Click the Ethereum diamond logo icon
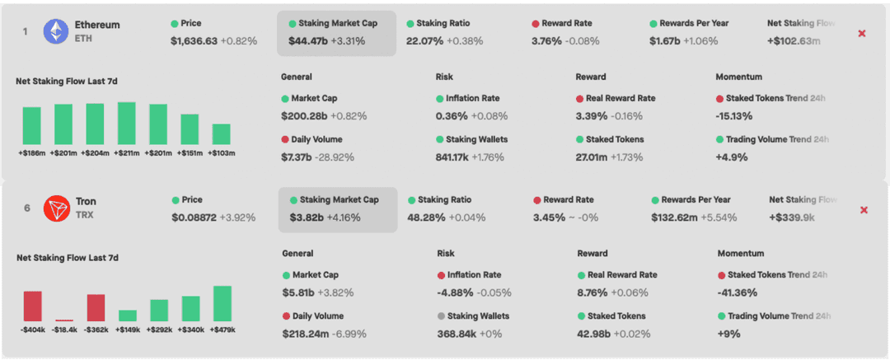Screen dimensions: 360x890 click(x=56, y=31)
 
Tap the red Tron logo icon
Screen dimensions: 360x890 click(x=57, y=209)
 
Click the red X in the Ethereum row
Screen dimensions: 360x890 click(x=862, y=33)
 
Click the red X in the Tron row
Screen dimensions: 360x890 click(x=864, y=210)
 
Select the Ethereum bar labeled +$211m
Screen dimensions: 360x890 click(x=126, y=124)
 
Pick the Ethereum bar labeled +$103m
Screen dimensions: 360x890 click(x=221, y=134)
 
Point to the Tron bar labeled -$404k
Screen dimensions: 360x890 click(x=32, y=306)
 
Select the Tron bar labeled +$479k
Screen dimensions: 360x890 click(x=222, y=303)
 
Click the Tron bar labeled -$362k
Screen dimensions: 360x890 click(x=96, y=307)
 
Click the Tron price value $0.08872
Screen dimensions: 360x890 click(x=194, y=217)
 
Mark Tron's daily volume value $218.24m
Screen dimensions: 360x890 click(x=305, y=334)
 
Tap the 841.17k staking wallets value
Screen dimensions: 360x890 click(x=452, y=157)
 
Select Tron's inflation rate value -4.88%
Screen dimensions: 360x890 click(x=454, y=292)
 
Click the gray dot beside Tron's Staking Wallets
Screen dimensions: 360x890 click(x=441, y=316)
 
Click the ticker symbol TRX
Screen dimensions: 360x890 click(x=85, y=217)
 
